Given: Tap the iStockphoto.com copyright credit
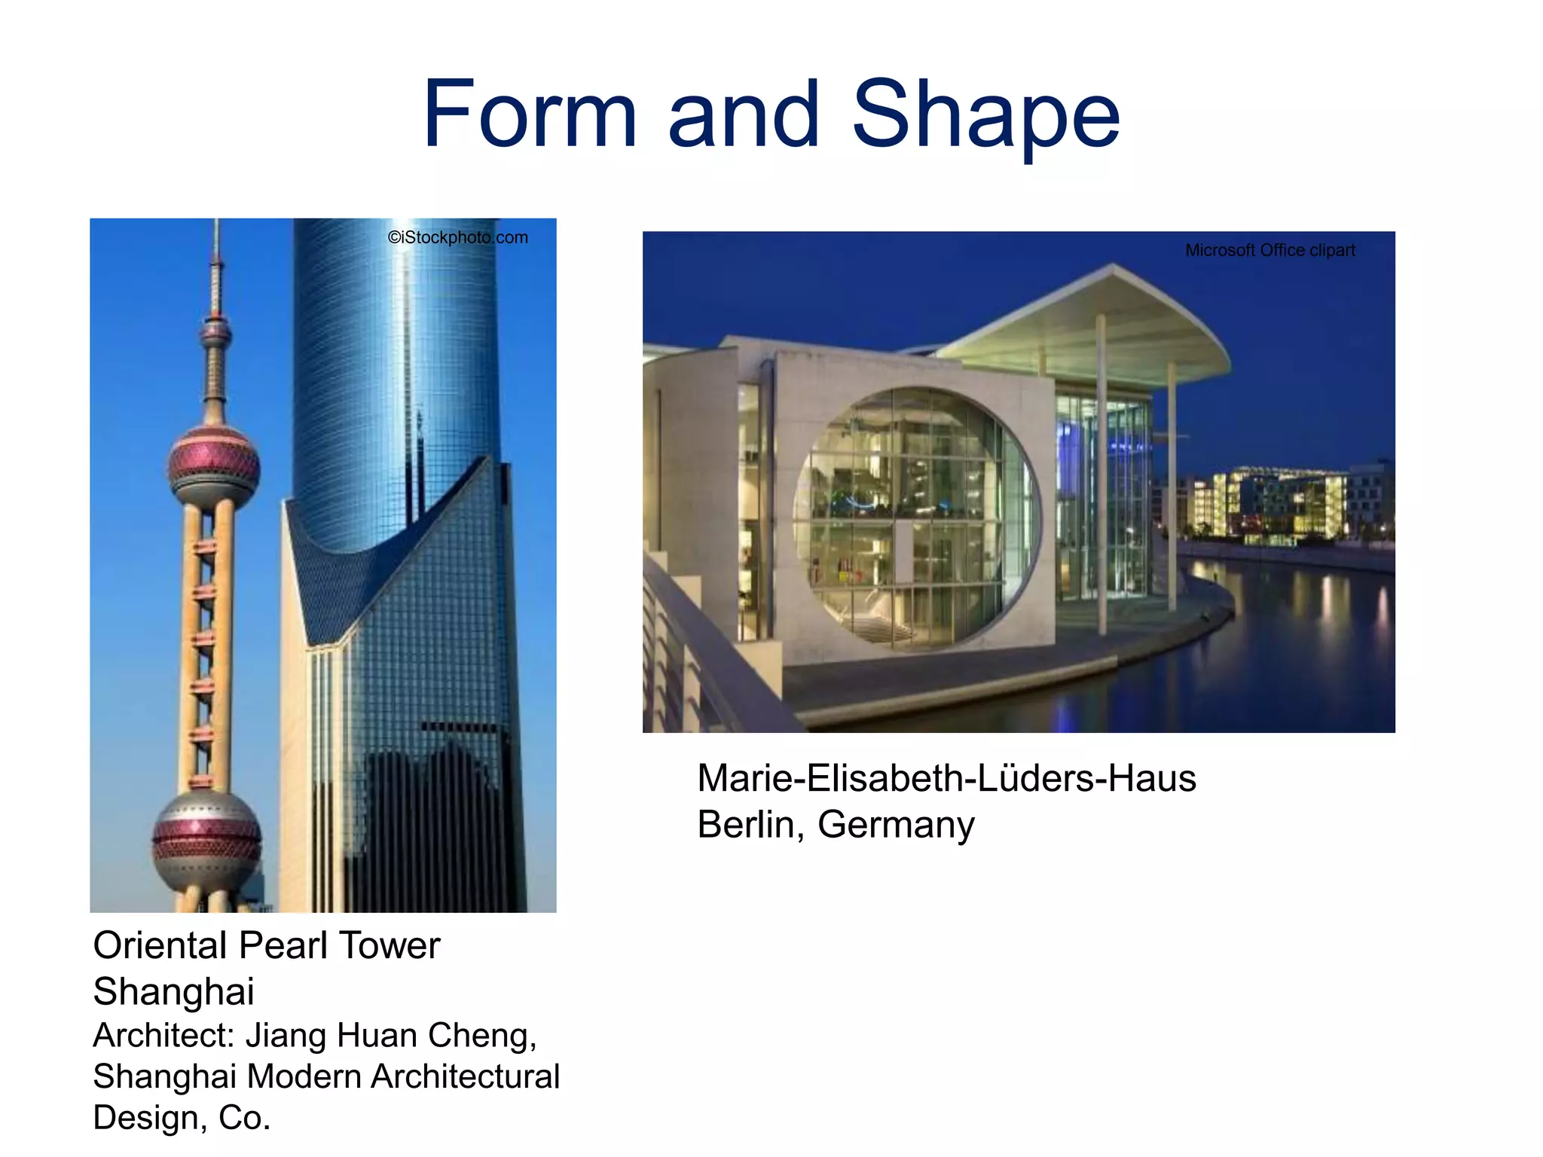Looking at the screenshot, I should click(x=458, y=237).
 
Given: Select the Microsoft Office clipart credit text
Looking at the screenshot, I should click(x=1270, y=250).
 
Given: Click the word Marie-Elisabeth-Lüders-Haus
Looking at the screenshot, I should click(x=946, y=778).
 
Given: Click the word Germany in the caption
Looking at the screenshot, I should click(x=896, y=825).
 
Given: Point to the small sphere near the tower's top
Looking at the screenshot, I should click(x=216, y=331).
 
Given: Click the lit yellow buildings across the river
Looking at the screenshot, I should click(x=1273, y=501).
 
